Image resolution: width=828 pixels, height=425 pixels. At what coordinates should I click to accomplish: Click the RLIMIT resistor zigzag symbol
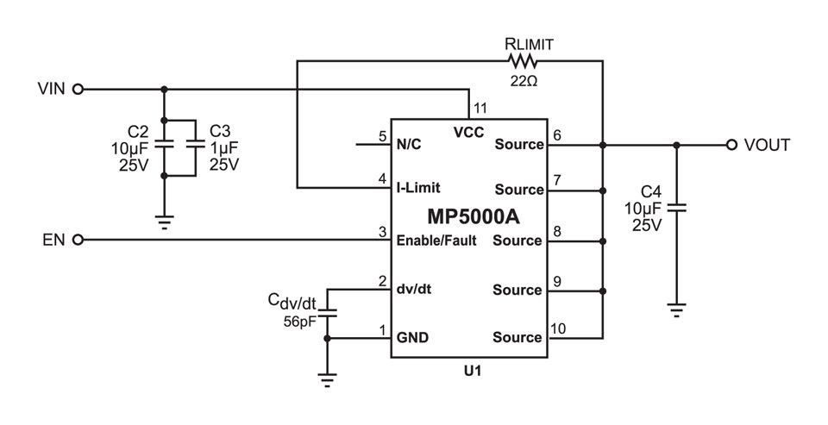coord(523,61)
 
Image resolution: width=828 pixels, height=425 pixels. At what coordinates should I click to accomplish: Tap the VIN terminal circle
coord(78,89)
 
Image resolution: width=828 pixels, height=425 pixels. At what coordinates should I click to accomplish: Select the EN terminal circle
coord(78,240)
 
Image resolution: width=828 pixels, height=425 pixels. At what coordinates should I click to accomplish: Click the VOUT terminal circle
coord(731,145)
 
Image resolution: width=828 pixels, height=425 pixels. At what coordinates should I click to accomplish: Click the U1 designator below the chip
coord(473,372)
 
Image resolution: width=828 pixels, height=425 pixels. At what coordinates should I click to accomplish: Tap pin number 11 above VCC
coord(480,109)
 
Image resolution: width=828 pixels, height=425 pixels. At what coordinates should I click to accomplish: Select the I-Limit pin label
coord(418,188)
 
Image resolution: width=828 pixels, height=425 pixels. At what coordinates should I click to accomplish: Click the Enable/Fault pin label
coord(436,241)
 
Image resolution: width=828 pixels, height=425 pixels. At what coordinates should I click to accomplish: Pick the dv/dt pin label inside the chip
coord(413,290)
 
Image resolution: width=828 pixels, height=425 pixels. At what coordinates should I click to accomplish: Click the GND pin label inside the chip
coord(412,337)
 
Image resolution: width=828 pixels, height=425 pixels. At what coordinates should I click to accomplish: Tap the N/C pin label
coord(409,144)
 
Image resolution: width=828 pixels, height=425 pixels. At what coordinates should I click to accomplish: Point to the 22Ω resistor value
coord(524,81)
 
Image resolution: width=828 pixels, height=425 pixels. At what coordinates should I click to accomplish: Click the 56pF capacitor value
coord(299,322)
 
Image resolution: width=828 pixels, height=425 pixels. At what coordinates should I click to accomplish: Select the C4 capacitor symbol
coord(676,208)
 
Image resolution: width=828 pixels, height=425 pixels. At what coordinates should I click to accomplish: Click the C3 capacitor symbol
coord(196,143)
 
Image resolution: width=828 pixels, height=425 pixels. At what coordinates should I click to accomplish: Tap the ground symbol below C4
coord(676,309)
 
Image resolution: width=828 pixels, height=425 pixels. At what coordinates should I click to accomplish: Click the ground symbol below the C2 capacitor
coord(164,222)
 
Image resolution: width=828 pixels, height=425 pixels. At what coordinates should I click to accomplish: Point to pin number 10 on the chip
coord(558,329)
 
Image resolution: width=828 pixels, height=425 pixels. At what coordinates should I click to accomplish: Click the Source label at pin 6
coord(519,144)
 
